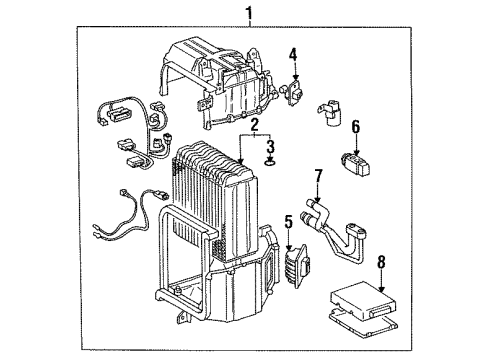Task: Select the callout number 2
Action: tap(255, 126)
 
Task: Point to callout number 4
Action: tap(294, 55)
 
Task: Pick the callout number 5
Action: tap(289, 222)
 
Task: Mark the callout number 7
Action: tap(318, 177)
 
